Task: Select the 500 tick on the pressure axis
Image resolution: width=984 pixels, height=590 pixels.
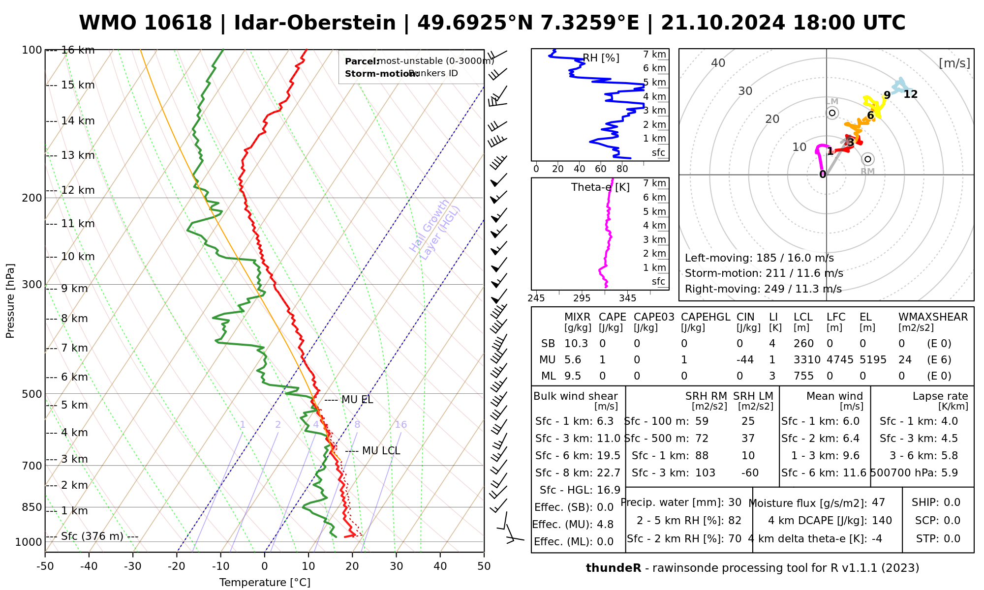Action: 32,394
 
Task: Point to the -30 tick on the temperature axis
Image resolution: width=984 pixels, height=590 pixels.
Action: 132,566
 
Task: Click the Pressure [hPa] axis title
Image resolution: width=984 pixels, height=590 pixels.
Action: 10,301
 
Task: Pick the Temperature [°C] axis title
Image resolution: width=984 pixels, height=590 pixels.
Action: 265,583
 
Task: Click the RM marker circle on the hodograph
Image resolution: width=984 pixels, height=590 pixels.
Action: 868,159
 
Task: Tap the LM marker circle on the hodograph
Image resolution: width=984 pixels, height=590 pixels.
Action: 832,113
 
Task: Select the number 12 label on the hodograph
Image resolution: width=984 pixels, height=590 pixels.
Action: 910,94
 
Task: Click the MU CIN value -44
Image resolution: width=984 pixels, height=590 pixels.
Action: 745,360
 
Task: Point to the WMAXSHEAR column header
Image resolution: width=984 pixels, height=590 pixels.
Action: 933,317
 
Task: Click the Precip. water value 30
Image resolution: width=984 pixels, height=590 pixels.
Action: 735,502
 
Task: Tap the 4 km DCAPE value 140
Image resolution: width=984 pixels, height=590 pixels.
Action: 882,521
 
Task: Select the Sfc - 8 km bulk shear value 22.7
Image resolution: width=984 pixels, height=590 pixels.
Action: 609,473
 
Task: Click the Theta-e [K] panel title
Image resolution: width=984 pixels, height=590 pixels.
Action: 600,187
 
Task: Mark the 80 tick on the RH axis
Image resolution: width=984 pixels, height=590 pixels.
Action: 622,169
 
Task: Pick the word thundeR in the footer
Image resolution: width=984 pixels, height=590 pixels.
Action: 614,568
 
